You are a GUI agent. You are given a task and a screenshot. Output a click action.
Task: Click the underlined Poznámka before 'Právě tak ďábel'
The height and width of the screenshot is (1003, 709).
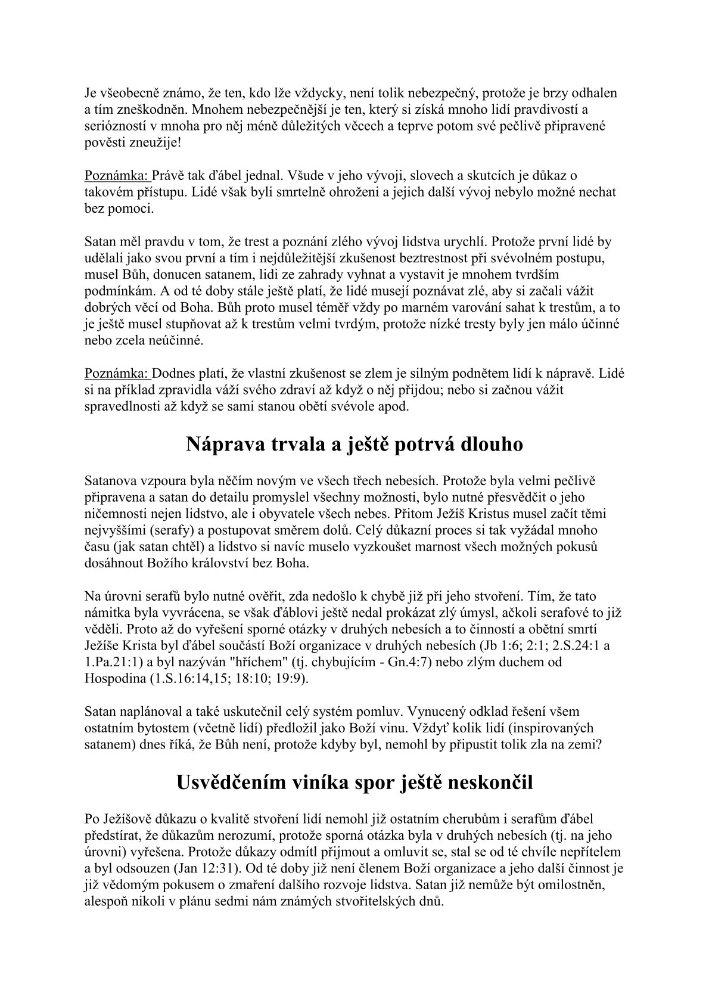116,176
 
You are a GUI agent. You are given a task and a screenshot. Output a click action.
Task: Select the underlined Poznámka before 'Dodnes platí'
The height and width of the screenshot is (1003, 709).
116,374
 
